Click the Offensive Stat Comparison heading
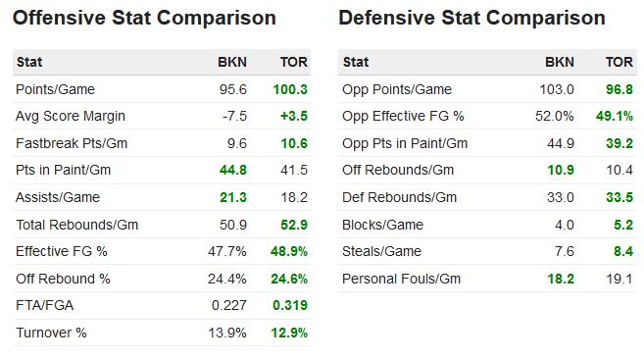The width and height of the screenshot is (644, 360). tap(144, 18)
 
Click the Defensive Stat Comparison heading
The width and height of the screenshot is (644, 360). tap(471, 18)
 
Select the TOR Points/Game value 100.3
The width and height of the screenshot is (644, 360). tap(290, 89)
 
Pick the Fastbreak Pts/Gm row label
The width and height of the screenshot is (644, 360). tap(72, 143)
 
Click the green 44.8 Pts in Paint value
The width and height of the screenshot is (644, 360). tap(232, 170)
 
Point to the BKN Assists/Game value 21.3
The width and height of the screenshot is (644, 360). tap(232, 197)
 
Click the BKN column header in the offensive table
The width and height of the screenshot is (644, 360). tap(232, 62)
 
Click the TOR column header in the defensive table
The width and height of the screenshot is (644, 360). tap(619, 62)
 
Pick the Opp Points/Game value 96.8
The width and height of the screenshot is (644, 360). tap(619, 89)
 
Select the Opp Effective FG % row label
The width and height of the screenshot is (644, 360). tap(404, 116)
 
